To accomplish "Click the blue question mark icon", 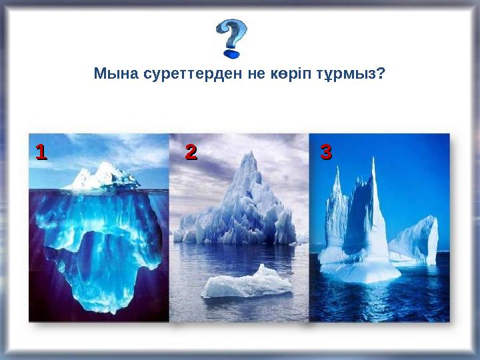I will tap(231, 37).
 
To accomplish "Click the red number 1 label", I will tap(41, 152).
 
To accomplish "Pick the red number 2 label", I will tap(191, 152).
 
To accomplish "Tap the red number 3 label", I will tap(326, 152).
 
